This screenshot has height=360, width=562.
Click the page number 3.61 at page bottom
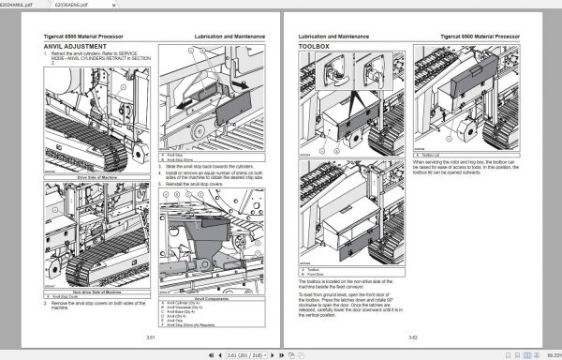tap(149, 337)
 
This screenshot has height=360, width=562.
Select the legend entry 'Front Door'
tap(318, 273)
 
